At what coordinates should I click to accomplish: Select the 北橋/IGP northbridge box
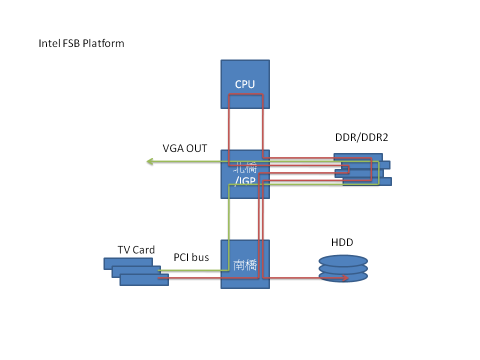point(245,173)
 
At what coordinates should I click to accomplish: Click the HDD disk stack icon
point(343,268)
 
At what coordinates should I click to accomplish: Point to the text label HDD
point(342,242)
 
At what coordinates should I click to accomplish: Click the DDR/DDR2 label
point(361,137)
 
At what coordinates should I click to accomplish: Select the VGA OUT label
point(184,148)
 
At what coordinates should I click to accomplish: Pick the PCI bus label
point(191,257)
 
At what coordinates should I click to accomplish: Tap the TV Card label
point(136,249)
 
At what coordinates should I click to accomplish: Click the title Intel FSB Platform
point(81,43)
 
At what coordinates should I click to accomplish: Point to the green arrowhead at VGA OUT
point(149,161)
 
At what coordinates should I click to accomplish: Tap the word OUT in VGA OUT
point(196,148)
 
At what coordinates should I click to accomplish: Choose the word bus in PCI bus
point(200,257)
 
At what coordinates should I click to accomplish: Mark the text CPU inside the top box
point(245,84)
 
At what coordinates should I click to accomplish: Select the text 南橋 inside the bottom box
point(245,265)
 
